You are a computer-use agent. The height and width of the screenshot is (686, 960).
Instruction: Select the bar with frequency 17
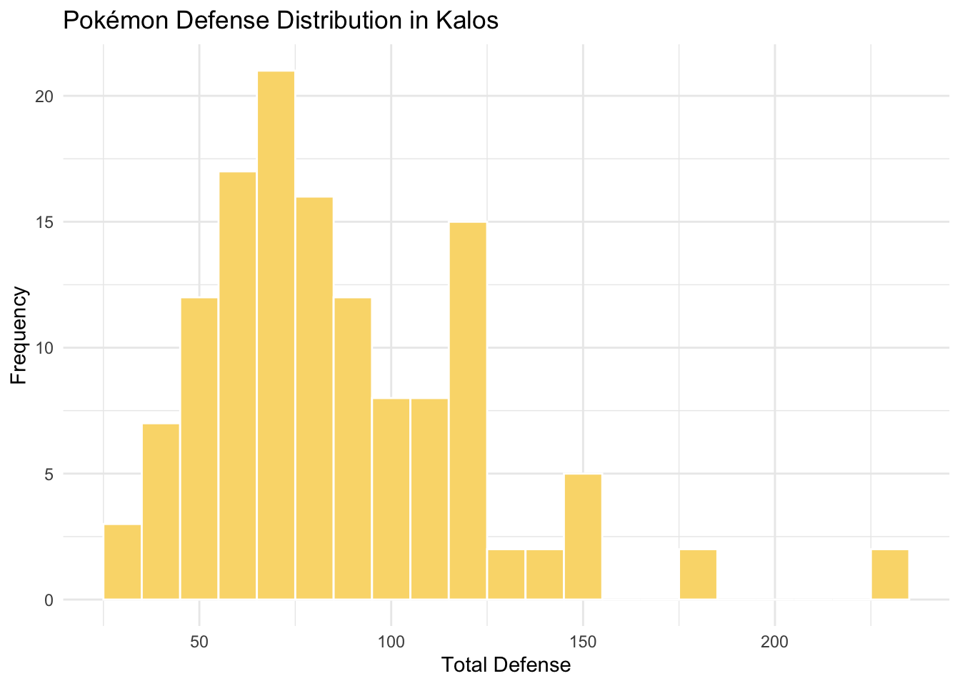pyautogui.click(x=237, y=385)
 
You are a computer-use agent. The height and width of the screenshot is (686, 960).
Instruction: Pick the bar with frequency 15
pyautogui.click(x=468, y=410)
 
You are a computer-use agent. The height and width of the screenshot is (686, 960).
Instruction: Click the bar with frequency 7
pyautogui.click(x=161, y=511)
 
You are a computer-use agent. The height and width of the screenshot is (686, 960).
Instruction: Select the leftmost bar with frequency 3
pyautogui.click(x=122, y=562)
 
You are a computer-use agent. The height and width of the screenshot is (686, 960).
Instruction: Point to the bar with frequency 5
pyautogui.click(x=583, y=536)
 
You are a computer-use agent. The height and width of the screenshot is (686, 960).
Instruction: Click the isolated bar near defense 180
pyautogui.click(x=698, y=574)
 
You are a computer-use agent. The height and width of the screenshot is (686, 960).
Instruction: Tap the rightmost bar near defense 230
pyautogui.click(x=890, y=574)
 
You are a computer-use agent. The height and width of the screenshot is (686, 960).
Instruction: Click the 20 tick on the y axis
pyautogui.click(x=44, y=96)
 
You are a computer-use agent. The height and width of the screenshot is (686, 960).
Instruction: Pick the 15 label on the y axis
pyautogui.click(x=44, y=222)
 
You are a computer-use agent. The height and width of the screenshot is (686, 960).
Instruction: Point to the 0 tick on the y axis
pyautogui.click(x=49, y=600)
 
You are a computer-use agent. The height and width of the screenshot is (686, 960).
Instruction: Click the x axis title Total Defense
pyautogui.click(x=506, y=665)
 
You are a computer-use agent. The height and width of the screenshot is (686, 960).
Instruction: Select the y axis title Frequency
pyautogui.click(x=19, y=335)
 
